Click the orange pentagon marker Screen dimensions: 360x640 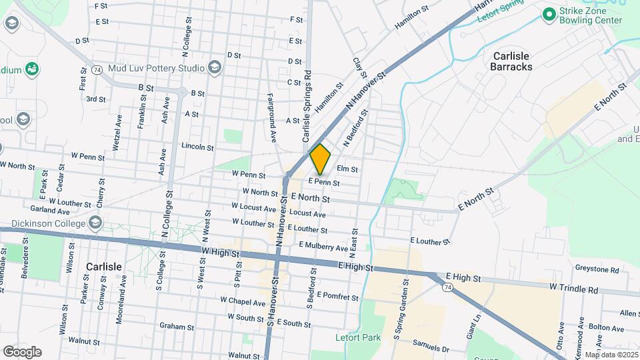coord(321,159)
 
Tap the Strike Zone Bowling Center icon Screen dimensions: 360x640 coord(549,13)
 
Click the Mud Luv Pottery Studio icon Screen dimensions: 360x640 coord(214,67)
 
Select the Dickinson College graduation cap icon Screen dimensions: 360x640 coord(95,222)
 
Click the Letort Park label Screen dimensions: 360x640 coord(359,337)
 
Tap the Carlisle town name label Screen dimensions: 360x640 coord(104,267)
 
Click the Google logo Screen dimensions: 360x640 coord(22,351)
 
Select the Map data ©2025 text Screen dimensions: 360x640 coord(611,355)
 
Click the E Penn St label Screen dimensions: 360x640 coord(323,182)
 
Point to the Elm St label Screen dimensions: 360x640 coord(347,169)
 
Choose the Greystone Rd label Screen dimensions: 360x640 coord(597,269)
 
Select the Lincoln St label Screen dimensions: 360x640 coord(197,146)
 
